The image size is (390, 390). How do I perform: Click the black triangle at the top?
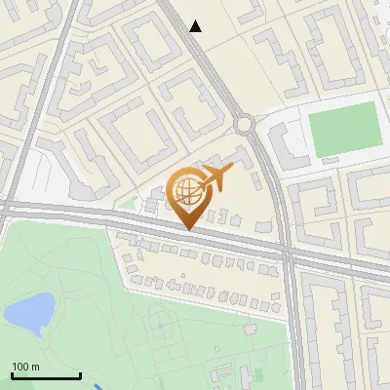point(196,26)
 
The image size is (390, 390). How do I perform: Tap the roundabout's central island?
point(244,124)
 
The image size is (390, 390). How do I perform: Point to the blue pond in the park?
point(29,310)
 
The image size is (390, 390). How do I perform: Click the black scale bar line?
point(46,376)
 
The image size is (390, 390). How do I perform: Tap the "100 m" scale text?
point(26,367)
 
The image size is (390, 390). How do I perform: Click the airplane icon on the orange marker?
point(216,178)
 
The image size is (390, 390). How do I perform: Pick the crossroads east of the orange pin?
point(288,253)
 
